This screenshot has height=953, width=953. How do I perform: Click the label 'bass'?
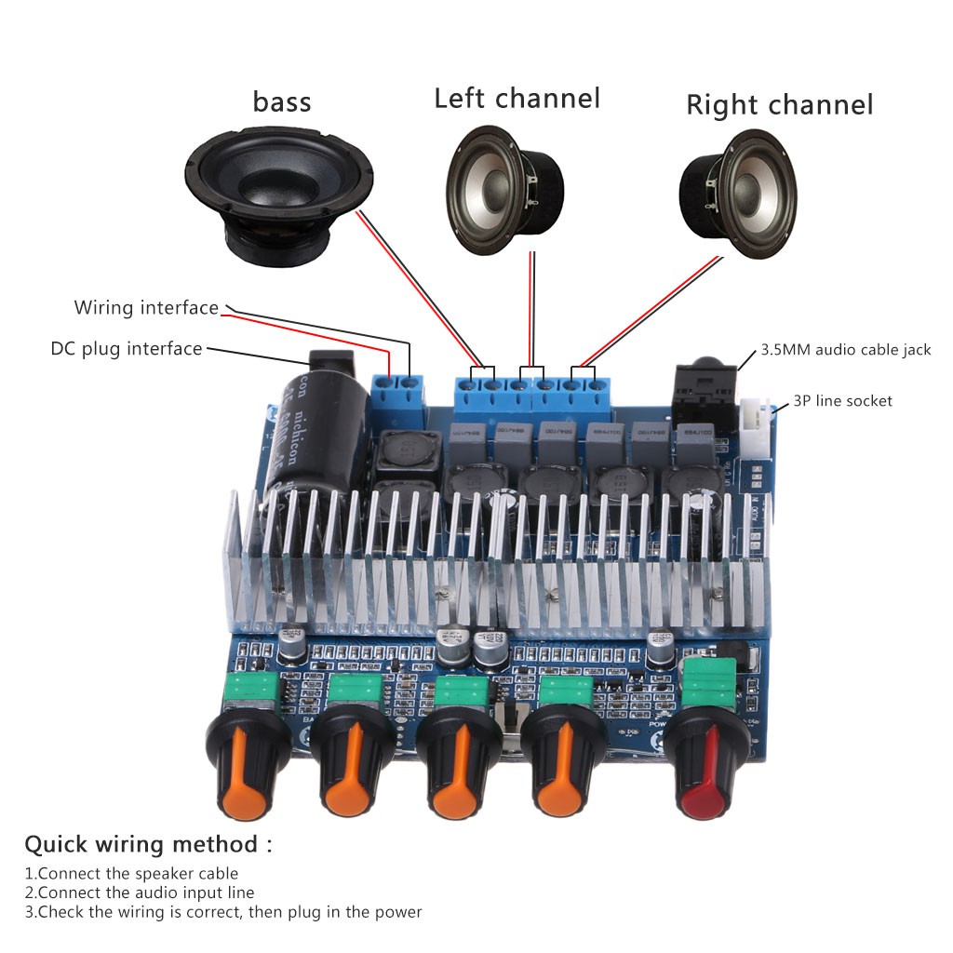281,101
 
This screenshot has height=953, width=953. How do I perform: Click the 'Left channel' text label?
517,98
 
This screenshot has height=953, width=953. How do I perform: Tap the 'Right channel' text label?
779,104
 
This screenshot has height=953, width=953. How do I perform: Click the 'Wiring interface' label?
146,308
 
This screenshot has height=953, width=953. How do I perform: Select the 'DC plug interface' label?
127,349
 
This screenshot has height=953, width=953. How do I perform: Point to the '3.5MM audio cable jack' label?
845,350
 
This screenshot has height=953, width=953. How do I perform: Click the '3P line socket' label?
842,401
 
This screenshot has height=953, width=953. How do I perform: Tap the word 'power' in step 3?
398,912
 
